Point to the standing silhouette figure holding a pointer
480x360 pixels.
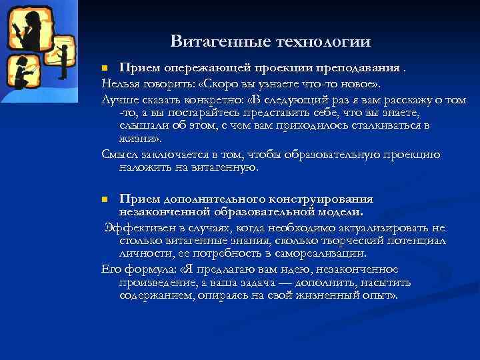point(63,59)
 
